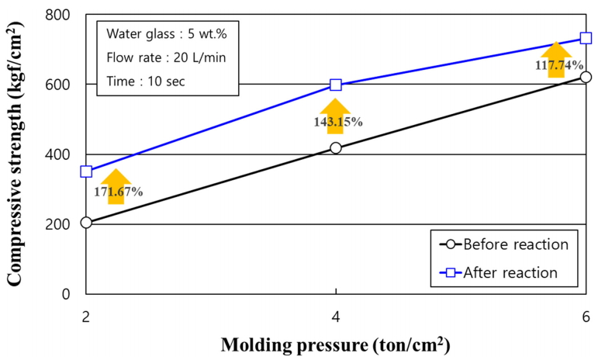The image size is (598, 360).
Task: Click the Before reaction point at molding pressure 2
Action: tap(86, 223)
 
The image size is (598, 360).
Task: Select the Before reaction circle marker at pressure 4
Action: tap(336, 147)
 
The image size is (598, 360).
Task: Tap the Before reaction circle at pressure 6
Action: tap(586, 77)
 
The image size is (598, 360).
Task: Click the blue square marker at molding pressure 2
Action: tap(86, 171)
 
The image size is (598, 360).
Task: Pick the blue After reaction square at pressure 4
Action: tap(336, 85)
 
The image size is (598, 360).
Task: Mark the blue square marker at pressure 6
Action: tap(586, 38)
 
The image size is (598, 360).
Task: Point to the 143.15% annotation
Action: tap(336, 122)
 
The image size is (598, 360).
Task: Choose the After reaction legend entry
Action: tap(504, 272)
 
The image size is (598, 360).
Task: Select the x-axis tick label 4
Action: tap(336, 315)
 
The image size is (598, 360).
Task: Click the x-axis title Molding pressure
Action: tap(336, 344)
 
